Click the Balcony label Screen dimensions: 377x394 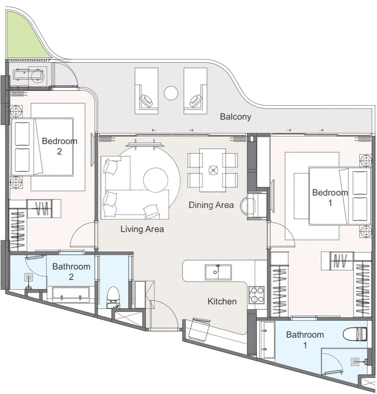pos(235,117)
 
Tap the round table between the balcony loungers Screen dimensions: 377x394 pos(171,93)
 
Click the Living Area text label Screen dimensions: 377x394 pos(142,229)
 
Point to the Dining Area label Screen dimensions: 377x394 pos(211,205)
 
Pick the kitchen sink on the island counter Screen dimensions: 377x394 pos(218,272)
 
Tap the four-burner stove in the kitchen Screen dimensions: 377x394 pos(256,295)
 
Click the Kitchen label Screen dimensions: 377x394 pos(222,301)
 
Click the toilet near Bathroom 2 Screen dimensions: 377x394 pos(113,297)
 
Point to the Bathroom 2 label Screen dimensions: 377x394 pos(71,272)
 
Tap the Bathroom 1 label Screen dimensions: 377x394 pos(305,340)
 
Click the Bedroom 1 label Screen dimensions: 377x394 pos(330,197)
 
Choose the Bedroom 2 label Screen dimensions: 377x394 pos(60,146)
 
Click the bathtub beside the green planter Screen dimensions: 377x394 pos(28,75)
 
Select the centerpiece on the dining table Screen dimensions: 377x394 pos(213,170)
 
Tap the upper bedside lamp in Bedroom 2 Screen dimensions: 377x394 pos(16,111)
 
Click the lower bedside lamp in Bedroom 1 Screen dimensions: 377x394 pos(366,231)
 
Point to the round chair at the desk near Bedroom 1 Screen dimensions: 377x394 pos(248,206)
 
